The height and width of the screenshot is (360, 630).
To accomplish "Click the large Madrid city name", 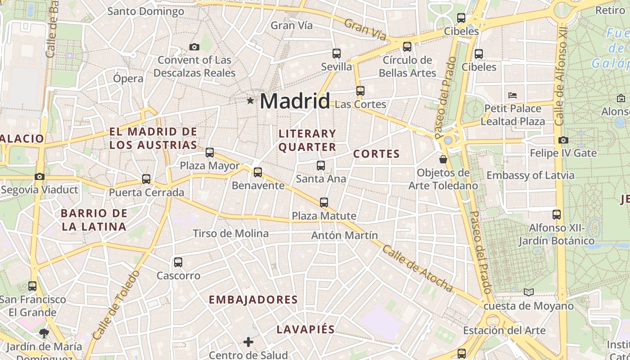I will coord(295,101).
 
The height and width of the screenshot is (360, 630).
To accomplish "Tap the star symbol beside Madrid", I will coord(250,100).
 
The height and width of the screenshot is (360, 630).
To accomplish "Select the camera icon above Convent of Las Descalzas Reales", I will coord(194,47).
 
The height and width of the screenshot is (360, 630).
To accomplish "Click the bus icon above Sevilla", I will coord(336,54).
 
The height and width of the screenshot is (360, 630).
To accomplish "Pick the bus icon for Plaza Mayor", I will coord(210,153).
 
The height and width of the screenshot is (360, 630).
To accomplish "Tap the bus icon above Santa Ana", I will coord(320,166).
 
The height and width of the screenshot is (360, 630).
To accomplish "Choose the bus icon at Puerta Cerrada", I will coord(146,179).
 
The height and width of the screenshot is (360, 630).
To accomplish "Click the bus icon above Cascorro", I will coord(178,262).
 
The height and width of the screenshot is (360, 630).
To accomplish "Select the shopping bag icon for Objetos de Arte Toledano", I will coord(443,159).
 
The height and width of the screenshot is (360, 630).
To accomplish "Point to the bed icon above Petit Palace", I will coord(513,95).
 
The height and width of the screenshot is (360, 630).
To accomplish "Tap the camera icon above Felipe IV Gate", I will coord(563,140).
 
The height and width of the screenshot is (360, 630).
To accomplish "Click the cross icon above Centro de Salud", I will coord(248,342).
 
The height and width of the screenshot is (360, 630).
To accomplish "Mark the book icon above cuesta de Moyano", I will coord(529,292).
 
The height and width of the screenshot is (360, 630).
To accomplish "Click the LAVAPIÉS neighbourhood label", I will coord(306,329).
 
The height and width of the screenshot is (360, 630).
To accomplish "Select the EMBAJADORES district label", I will coord(253,300).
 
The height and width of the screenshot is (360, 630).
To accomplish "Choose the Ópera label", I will coord(128,78).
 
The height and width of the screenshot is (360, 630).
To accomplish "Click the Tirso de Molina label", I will coord(230,234).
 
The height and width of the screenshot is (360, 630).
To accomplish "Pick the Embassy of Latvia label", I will coord(530,175).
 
